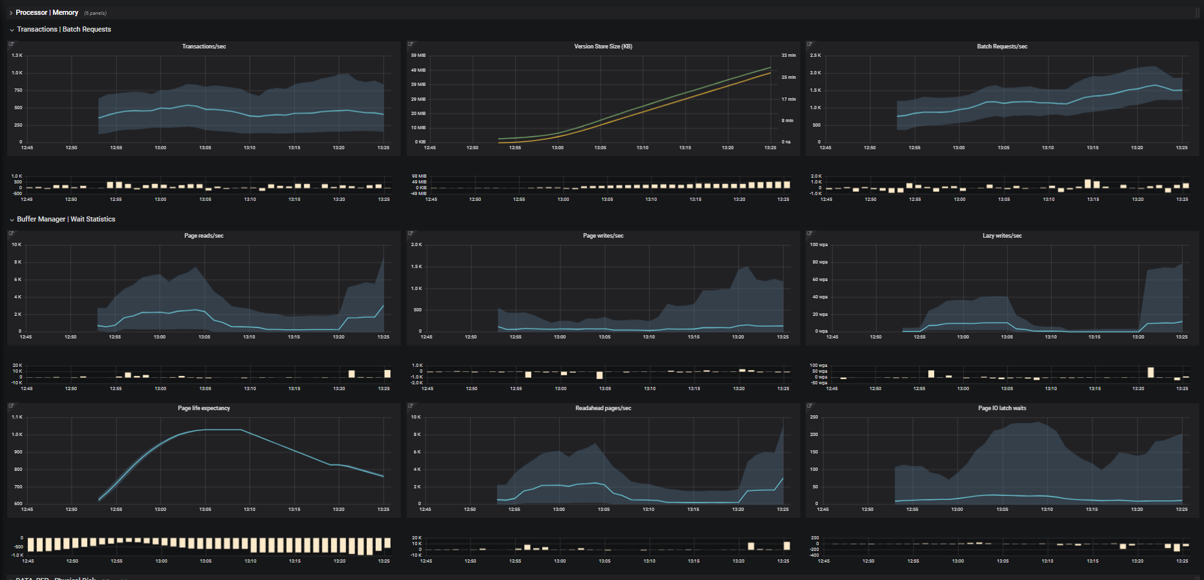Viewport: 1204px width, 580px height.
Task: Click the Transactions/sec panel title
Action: tap(203, 47)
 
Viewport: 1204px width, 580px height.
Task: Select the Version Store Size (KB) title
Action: tap(603, 47)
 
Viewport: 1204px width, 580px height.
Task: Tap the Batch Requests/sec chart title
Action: tap(1002, 47)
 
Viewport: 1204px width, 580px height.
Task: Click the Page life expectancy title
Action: tap(203, 408)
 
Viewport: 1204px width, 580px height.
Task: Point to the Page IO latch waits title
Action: tap(1002, 408)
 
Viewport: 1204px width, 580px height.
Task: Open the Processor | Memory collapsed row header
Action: tap(47, 12)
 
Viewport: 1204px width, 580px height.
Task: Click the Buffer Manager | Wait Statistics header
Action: tap(66, 219)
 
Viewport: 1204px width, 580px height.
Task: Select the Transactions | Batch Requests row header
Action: tap(64, 29)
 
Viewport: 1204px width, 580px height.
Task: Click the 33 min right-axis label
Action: tap(788, 56)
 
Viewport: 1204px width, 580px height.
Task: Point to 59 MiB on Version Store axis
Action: tap(418, 56)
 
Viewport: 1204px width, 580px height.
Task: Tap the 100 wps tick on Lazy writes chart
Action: tap(819, 245)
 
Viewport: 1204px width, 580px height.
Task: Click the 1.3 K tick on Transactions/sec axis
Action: tap(17, 56)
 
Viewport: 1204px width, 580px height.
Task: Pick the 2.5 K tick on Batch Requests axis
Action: tap(815, 56)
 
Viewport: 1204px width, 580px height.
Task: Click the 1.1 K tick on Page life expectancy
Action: tap(17, 417)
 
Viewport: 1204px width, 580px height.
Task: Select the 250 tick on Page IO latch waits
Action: tap(814, 417)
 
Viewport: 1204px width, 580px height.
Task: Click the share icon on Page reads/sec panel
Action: tap(11, 233)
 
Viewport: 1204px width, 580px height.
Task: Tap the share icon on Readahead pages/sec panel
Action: tap(410, 406)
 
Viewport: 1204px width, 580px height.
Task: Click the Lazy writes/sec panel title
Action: tap(1002, 236)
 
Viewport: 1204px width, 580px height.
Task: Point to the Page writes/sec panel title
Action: tap(603, 236)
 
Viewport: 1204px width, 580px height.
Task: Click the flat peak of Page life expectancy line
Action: tap(223, 430)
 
